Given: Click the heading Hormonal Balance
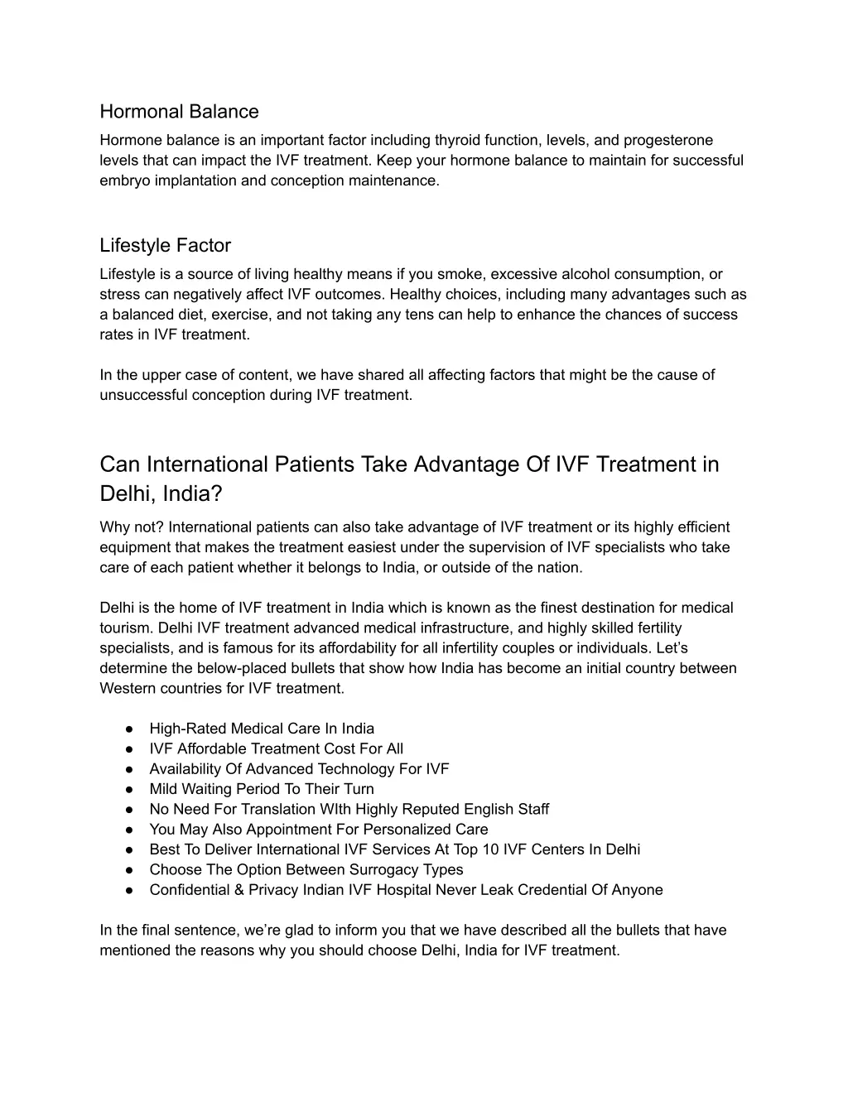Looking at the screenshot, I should [x=179, y=112].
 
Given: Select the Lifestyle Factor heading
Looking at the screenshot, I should [x=165, y=246].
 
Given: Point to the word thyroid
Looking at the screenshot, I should [x=458, y=141].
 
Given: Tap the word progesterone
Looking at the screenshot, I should [x=668, y=141].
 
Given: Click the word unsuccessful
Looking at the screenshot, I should [x=144, y=396].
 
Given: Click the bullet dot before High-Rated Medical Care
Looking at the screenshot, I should [x=130, y=729].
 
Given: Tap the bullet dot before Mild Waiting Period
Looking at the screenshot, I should [x=130, y=790].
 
